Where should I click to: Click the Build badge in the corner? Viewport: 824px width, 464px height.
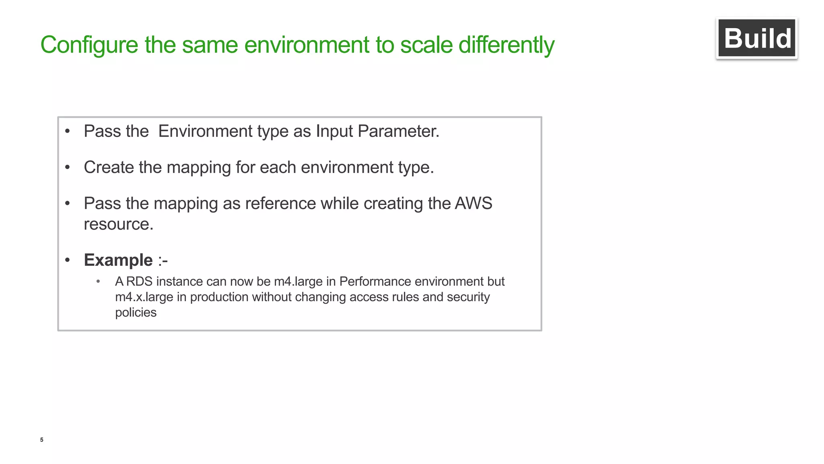[756, 39]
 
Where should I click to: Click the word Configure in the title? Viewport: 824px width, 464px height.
[89, 45]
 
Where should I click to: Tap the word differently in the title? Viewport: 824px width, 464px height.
[506, 45]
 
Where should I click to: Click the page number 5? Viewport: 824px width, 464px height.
[42, 440]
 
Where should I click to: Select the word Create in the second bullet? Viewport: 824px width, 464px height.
[109, 167]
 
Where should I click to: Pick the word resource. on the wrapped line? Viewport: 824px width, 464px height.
[118, 224]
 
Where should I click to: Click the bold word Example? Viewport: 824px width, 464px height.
[118, 260]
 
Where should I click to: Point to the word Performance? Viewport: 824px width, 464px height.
[371, 282]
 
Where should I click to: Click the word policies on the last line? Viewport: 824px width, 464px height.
[136, 313]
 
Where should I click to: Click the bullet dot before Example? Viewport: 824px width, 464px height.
[68, 260]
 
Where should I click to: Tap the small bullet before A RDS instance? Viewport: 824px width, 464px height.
[98, 282]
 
